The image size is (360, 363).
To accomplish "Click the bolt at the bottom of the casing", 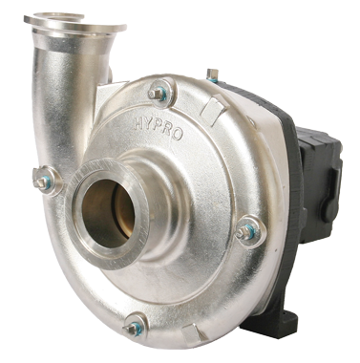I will pos(138,323).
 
